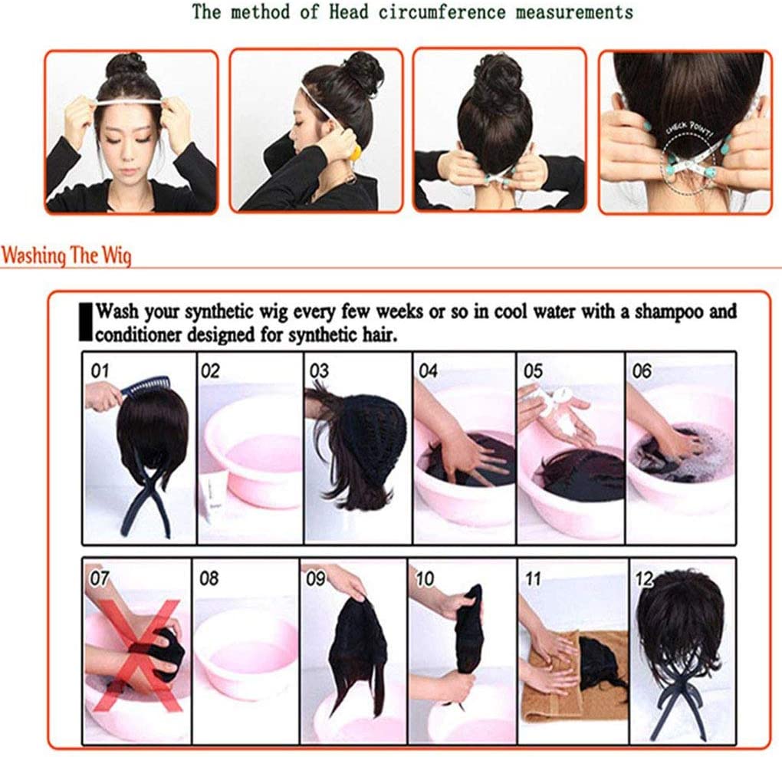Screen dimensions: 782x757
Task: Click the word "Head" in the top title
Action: (x=349, y=12)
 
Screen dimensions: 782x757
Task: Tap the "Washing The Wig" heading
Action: (x=67, y=255)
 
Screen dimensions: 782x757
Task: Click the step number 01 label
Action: (x=100, y=370)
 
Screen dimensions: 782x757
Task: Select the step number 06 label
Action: (x=642, y=370)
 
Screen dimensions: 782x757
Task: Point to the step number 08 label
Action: (x=209, y=578)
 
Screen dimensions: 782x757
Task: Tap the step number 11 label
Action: (x=533, y=578)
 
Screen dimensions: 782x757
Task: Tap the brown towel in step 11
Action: (x=573, y=673)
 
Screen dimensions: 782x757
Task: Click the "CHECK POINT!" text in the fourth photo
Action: (x=690, y=130)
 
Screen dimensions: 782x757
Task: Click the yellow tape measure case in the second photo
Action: (x=356, y=152)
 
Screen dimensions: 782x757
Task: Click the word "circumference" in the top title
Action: (x=442, y=12)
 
